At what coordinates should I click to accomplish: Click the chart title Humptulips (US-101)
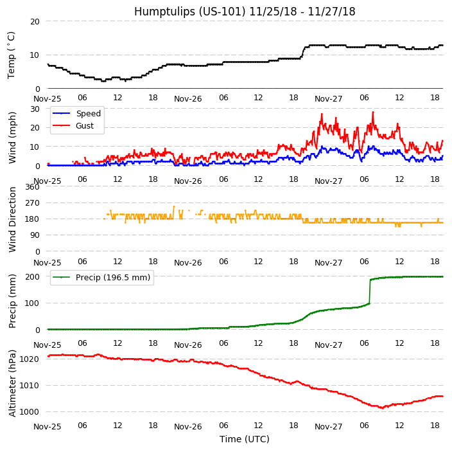coord(244,12)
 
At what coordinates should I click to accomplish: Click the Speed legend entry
coord(88,113)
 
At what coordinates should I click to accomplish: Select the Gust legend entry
coord(85,125)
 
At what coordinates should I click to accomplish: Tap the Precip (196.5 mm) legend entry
coord(112,278)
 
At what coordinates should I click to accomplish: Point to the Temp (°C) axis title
coord(12,55)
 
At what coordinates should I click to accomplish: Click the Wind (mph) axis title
coord(12,137)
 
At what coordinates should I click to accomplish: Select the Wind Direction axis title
coord(12,219)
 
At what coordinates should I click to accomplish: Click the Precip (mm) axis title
coord(12,301)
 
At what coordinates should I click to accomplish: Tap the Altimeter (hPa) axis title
coord(12,383)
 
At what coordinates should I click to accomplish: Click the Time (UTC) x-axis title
coord(244,439)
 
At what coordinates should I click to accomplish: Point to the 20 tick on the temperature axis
coord(35,21)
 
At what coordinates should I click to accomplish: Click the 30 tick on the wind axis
coord(35,109)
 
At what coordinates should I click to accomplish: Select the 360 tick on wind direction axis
coord(32,187)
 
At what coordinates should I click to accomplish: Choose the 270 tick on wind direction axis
coord(32,203)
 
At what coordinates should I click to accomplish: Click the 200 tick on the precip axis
coord(32,277)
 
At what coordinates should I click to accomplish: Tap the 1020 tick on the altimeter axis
coord(29,359)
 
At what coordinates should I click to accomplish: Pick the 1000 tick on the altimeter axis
coord(29,411)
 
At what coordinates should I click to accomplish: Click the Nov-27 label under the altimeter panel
coord(328,426)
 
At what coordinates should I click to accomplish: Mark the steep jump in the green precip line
coord(370,291)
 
